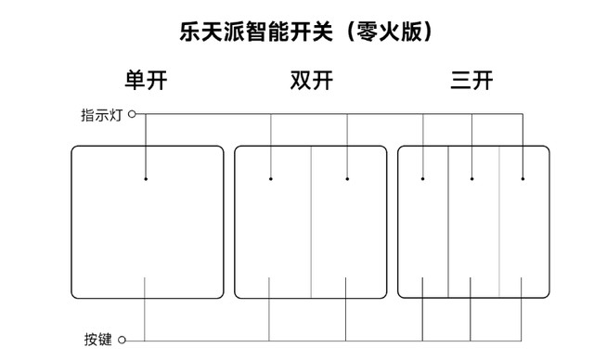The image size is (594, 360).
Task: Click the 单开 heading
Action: (148, 81)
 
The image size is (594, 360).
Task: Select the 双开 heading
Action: (311, 81)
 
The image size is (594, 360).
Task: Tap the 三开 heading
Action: (471, 81)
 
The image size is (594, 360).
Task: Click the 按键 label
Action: (97, 340)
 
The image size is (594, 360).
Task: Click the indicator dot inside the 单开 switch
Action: (147, 178)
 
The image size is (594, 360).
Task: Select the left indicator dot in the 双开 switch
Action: (271, 178)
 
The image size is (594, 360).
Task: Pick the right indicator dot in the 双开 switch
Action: (348, 178)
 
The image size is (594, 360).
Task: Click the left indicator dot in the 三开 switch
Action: (422, 178)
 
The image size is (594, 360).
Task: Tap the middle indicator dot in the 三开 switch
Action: (472, 178)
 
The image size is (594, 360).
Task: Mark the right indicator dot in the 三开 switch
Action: (523, 178)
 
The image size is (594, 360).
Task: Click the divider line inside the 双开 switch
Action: (310, 223)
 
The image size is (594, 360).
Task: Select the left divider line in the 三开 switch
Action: (448, 223)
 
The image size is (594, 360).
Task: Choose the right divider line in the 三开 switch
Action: (498, 223)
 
